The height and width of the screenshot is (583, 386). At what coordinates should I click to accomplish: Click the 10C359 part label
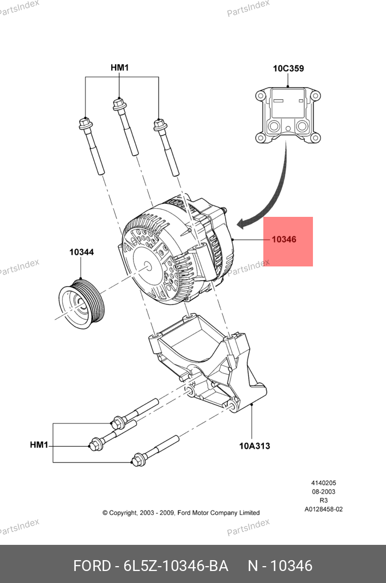288,69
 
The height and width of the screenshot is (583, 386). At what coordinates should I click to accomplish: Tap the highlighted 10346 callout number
284,239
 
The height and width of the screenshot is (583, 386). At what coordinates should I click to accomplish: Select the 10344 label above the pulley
81,252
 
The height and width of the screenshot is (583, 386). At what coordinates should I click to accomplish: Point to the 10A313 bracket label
255,446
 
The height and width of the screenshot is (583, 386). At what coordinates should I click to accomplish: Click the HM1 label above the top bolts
119,68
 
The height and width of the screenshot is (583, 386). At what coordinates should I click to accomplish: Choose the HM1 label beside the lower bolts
39,445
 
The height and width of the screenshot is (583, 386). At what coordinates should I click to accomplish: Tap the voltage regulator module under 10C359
288,116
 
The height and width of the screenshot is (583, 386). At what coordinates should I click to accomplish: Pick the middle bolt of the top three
125,127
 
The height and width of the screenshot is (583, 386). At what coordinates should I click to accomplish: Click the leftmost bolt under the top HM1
91,146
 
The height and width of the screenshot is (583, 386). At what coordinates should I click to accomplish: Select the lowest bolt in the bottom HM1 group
155,451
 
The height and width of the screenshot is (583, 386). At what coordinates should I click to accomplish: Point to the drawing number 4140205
323,483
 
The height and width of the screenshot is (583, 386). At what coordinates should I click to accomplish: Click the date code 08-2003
323,491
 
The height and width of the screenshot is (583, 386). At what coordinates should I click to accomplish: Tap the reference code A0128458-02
323,509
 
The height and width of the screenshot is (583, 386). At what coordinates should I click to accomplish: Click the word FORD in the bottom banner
92,566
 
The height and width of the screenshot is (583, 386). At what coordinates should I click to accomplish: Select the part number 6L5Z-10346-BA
176,566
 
